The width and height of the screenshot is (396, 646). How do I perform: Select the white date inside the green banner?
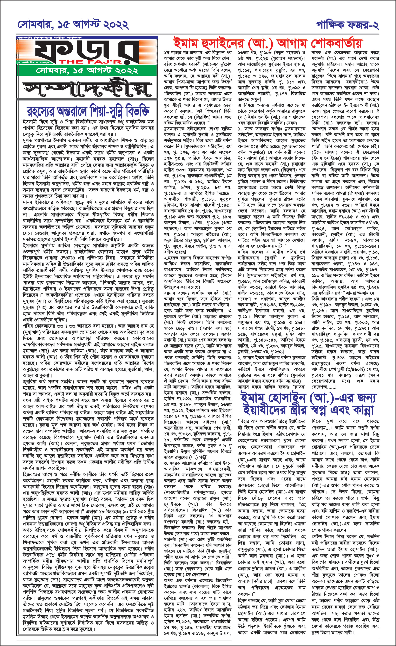[87, 71]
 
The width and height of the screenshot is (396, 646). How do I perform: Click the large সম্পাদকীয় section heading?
[87, 88]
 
